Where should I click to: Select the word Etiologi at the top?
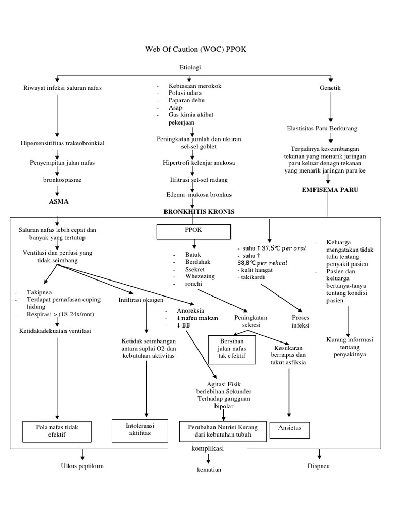tap(190, 68)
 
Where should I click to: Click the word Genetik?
tap(330, 88)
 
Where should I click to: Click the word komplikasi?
tap(207, 449)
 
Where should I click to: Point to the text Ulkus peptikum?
tap(82, 466)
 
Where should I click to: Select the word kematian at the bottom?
tap(208, 470)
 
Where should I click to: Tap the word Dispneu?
tap(320, 466)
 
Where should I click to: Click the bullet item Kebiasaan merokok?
tap(194, 86)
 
